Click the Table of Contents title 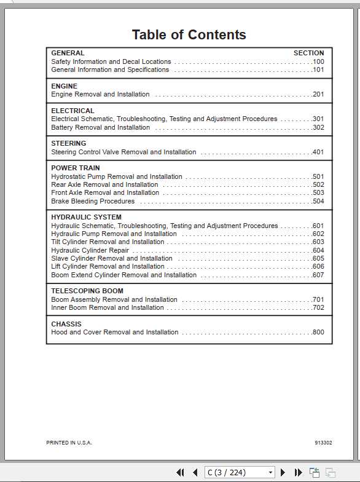[x=189, y=35]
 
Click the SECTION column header [x=308, y=53]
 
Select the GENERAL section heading [x=68, y=53]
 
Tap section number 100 [x=318, y=61]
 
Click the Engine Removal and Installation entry [x=100, y=95]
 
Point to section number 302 [x=318, y=127]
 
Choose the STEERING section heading [x=69, y=144]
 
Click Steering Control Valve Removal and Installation [x=123, y=152]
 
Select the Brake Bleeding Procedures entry [x=93, y=201]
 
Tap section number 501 [x=318, y=176]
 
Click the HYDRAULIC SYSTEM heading [x=86, y=217]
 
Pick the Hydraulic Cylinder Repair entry [x=90, y=250]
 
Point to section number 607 [x=318, y=275]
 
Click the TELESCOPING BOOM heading [x=87, y=291]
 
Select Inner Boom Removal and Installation [x=108, y=307]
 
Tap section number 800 [x=318, y=332]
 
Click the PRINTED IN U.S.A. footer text [x=69, y=443]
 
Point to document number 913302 [x=323, y=443]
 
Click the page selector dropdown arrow [x=270, y=472]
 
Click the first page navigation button [x=180, y=472]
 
